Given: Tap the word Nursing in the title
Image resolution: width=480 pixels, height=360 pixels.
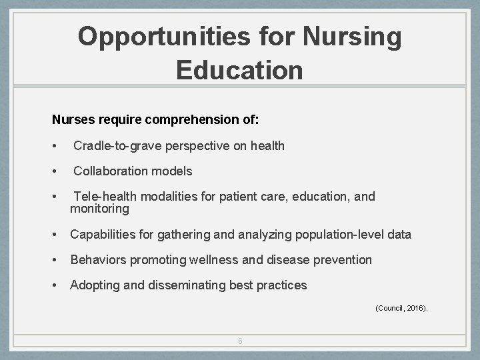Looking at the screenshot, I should point(352,37).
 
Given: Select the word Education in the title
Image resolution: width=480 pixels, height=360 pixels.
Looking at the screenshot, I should point(239,69).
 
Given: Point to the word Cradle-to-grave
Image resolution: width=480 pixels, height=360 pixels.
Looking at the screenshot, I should point(118,145).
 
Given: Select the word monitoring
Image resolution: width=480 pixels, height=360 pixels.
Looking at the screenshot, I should point(99,209).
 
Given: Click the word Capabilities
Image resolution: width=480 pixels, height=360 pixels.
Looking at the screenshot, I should point(103,235).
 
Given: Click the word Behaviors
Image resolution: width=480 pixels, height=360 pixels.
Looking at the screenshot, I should point(97,259).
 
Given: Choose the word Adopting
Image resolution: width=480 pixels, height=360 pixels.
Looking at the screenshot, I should point(95,285).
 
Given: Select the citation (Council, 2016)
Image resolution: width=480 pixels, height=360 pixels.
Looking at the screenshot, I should point(401,308).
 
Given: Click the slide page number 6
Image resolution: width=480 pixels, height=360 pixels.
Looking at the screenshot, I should point(240,341).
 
